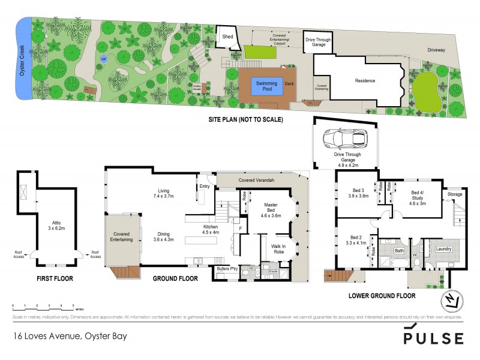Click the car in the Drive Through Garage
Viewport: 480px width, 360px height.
tap(345, 140)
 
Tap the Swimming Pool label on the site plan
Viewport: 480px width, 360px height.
tap(263, 86)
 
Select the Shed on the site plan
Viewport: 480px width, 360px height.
tap(227, 37)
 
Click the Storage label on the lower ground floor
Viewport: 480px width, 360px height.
tap(454, 194)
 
